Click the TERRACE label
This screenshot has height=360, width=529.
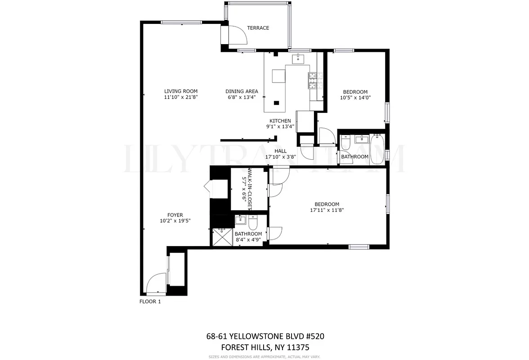click(258, 28)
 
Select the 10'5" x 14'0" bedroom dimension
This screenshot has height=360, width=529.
click(355, 98)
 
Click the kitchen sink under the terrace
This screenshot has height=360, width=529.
click(298, 58)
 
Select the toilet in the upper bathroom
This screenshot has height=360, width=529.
click(346, 144)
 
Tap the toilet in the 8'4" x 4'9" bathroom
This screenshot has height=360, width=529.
click(253, 223)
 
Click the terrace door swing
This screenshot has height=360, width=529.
click(234, 36)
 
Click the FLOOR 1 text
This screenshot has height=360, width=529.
click(150, 301)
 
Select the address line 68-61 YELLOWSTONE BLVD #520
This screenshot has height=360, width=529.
click(265, 336)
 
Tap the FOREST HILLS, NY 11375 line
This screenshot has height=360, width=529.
click(265, 347)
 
